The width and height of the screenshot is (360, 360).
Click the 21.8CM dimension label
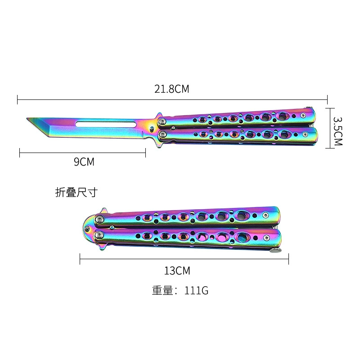coord(172,89)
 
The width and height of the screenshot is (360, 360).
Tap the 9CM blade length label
coord(84,162)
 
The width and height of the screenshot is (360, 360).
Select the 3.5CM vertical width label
coord(338,131)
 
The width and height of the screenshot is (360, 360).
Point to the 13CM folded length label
coord(177,271)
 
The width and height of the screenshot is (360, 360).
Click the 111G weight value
coord(196,290)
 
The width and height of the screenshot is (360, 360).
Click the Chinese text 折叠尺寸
coord(76,193)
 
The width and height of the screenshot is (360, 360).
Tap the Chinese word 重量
coord(162,290)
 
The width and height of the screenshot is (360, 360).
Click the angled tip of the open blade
coord(27,118)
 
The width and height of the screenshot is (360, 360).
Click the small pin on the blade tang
coord(152,129)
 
